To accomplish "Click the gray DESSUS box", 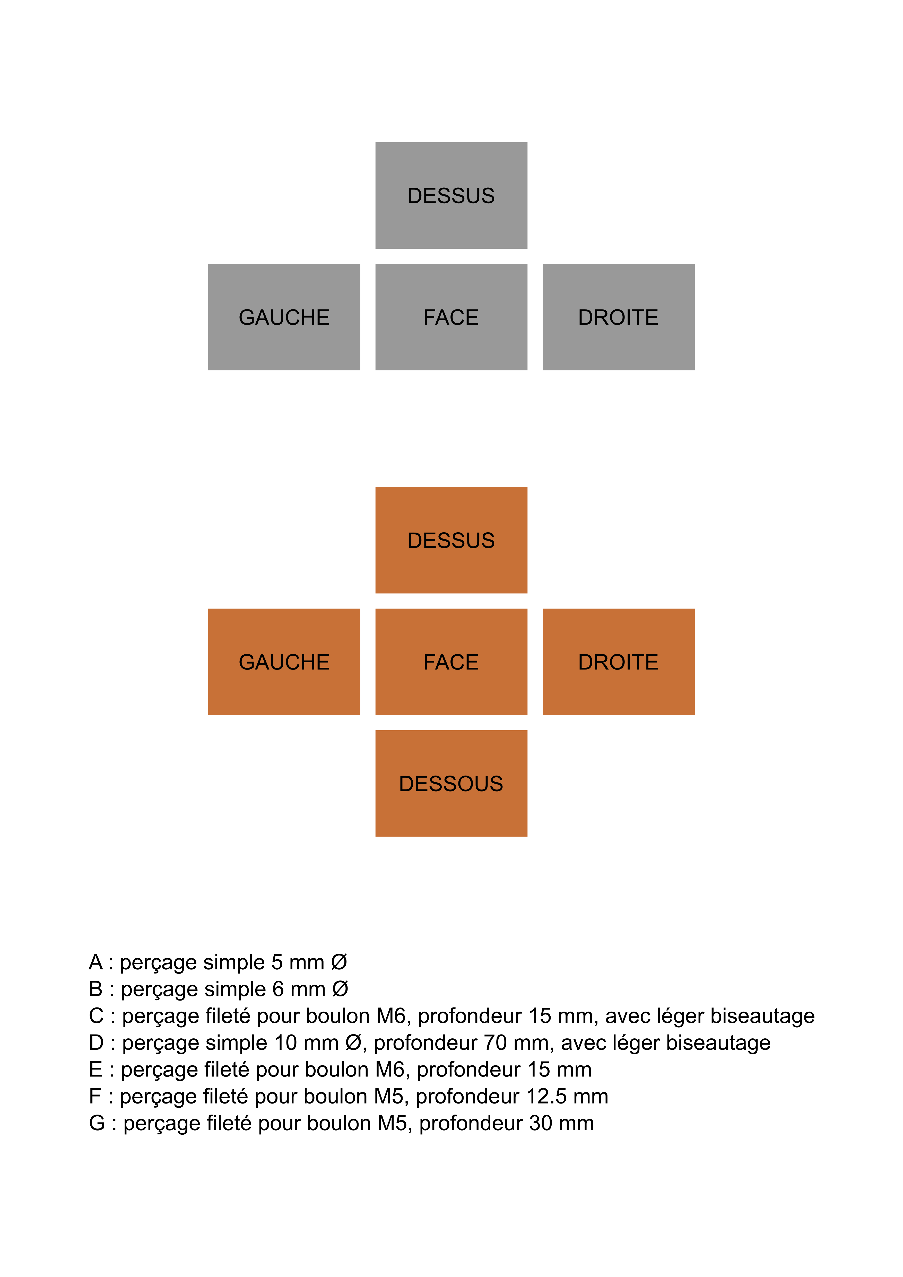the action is [x=451, y=195].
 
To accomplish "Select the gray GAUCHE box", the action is [x=284, y=317].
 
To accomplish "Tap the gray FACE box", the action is [x=451, y=317].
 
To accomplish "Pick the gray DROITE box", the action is [x=618, y=317].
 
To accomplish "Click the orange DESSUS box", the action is [x=451, y=540].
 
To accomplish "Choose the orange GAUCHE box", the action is [x=284, y=662].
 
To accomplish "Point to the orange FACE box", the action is [x=451, y=662].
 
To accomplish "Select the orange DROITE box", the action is [x=618, y=662].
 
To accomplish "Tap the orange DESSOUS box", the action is [x=451, y=783].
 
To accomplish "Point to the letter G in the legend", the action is [x=97, y=1123].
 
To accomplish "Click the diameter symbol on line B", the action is [x=340, y=989].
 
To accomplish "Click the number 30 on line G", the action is [x=541, y=1123].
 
